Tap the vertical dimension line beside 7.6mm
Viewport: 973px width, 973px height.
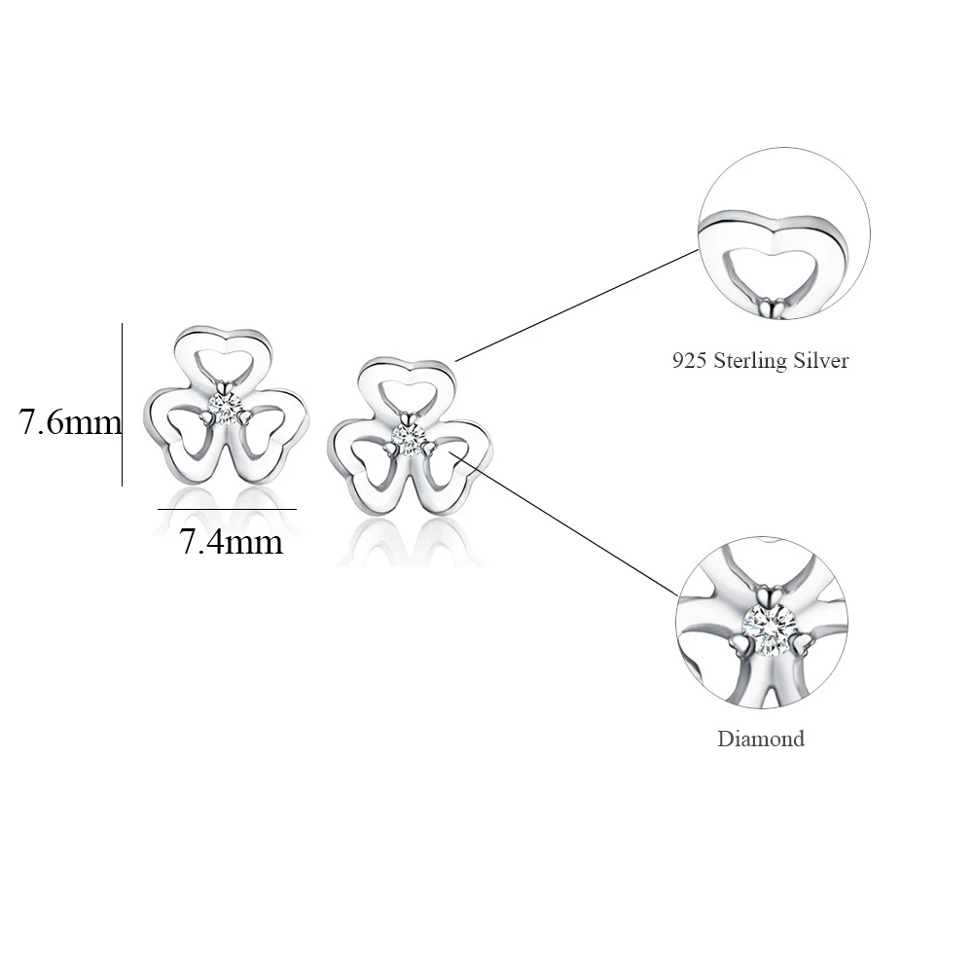122,404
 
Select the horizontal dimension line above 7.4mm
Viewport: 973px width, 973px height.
226,509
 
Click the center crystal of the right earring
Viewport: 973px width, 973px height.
407,435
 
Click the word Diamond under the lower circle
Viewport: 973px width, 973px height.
761,739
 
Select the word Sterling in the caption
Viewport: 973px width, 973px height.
755,361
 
